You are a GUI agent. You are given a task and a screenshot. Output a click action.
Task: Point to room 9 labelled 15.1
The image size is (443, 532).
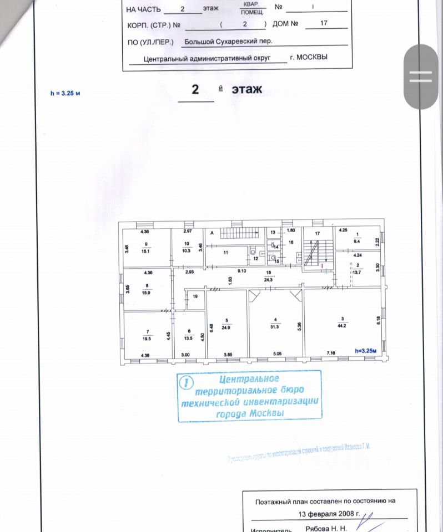146,248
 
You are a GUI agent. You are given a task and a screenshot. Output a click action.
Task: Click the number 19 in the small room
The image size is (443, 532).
195,297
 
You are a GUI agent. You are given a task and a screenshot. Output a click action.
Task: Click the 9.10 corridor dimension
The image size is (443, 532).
242,271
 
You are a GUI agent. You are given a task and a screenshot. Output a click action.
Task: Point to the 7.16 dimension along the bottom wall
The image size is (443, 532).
332,354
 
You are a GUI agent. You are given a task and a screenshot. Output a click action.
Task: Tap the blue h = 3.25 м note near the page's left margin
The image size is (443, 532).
65,93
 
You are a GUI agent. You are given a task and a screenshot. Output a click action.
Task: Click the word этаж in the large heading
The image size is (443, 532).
246,89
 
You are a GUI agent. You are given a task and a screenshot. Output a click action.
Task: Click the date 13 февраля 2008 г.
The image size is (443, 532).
324,514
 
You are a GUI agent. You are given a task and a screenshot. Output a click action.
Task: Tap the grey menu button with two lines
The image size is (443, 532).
420,76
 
